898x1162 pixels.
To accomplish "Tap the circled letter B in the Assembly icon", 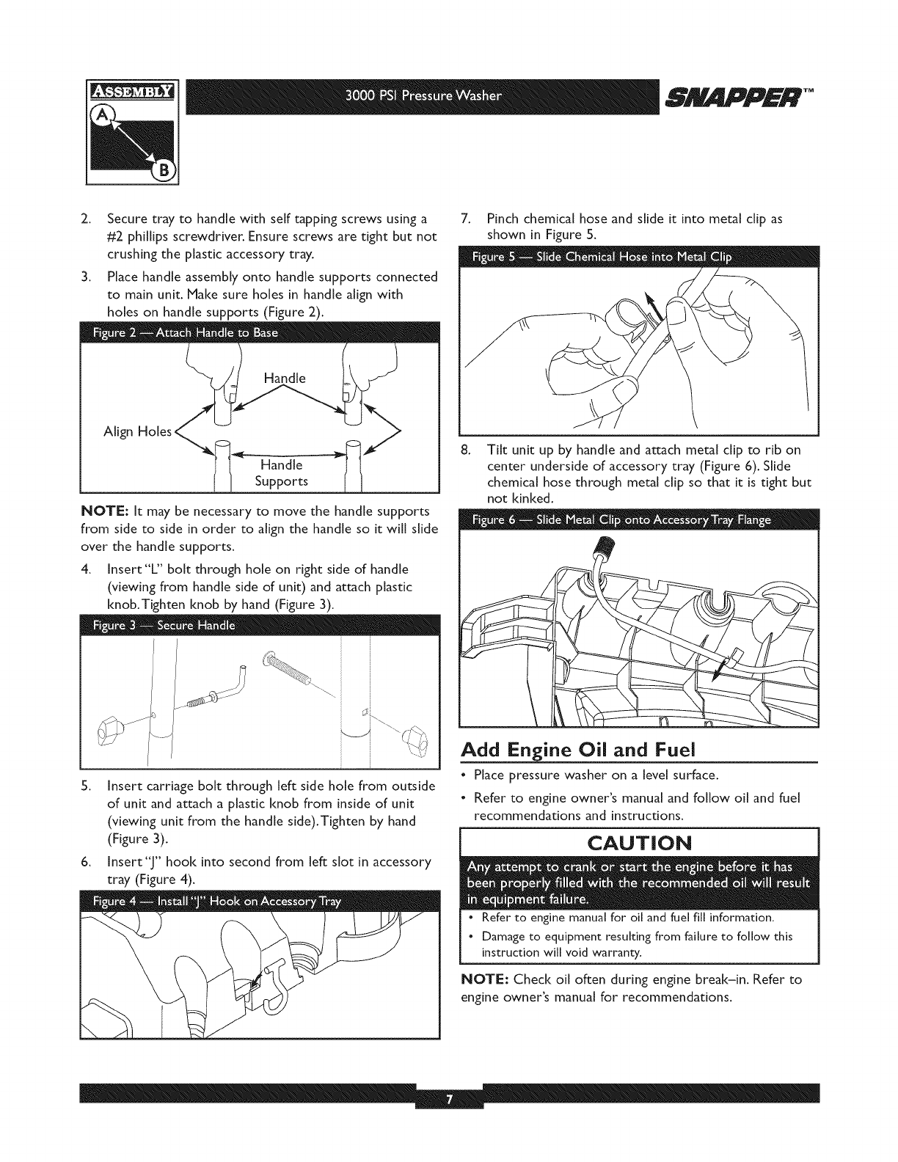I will [x=162, y=171].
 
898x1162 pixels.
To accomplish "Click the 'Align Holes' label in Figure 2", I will [x=137, y=431].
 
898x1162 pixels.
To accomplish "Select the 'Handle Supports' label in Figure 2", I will [x=281, y=473].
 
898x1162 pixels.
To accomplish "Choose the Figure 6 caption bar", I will [x=638, y=520].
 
